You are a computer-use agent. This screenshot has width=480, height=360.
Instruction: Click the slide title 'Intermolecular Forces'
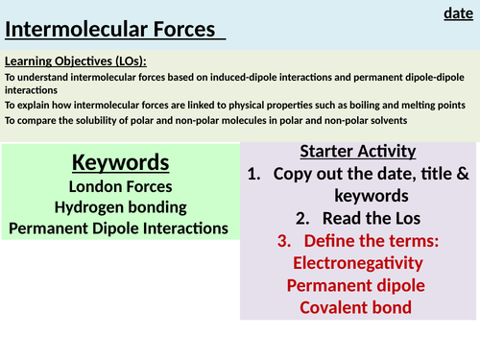(x=110, y=30)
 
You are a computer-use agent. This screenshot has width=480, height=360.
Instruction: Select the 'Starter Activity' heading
(x=357, y=151)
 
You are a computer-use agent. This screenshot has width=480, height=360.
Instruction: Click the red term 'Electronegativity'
(x=357, y=262)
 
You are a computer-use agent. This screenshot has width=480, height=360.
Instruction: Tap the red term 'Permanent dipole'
(x=357, y=285)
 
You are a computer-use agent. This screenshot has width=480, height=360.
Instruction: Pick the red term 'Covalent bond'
(x=357, y=307)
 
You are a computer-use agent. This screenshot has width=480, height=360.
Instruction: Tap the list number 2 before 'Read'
(x=301, y=218)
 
